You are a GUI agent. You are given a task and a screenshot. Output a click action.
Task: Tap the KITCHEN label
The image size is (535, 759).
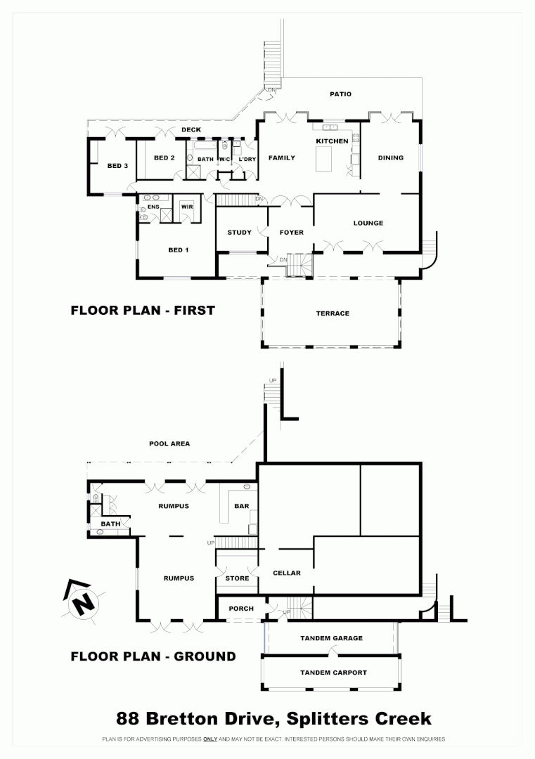click(x=332, y=141)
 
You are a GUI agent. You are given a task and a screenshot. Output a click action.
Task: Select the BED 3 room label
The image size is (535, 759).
click(x=117, y=166)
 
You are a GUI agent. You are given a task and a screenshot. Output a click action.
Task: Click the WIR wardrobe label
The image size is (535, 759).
click(x=186, y=207)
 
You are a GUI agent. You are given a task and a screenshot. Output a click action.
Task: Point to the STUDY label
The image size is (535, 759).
click(x=239, y=233)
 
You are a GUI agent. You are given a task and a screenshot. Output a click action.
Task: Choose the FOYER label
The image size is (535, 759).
click(x=291, y=233)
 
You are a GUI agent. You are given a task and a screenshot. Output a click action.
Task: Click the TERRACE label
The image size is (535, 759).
click(x=333, y=313)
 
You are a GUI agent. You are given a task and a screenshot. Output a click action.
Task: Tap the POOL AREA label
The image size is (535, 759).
click(x=169, y=443)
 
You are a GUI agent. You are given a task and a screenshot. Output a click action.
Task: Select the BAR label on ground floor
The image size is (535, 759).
click(x=241, y=506)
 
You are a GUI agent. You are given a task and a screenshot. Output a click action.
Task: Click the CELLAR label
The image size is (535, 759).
click(x=286, y=573)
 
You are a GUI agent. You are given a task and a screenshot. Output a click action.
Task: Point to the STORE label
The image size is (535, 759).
click(x=237, y=578)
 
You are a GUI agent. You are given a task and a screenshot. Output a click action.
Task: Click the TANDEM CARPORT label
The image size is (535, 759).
click(x=333, y=673)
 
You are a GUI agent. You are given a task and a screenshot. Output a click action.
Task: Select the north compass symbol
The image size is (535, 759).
click(x=83, y=600)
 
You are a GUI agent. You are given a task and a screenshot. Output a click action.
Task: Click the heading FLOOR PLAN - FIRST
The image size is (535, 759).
click(x=143, y=310)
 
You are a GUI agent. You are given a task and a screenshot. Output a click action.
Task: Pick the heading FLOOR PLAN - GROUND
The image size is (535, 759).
click(x=153, y=656)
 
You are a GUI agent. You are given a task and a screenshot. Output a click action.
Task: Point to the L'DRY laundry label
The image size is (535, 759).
click(x=247, y=159)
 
